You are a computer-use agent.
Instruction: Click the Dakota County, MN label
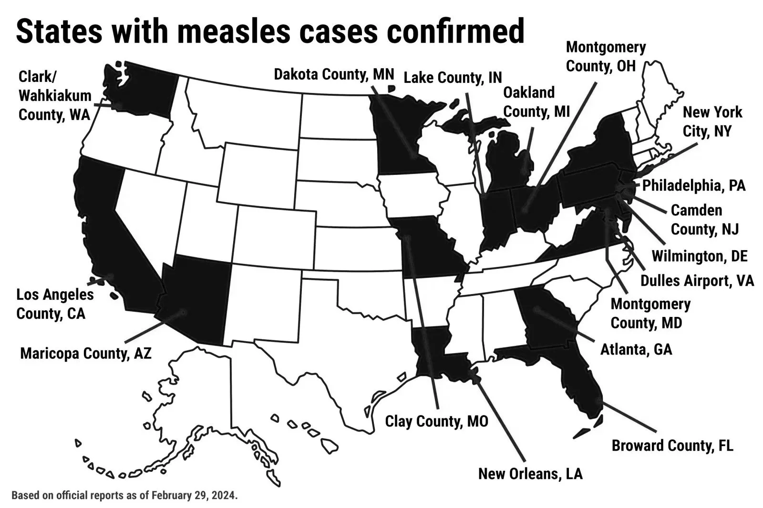click(x=334, y=75)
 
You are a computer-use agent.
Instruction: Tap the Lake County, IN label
click(x=453, y=77)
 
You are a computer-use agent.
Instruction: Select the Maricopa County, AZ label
click(x=86, y=354)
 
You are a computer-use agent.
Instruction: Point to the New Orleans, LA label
click(x=530, y=474)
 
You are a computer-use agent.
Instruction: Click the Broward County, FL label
click(x=672, y=446)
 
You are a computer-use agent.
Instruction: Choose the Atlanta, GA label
click(x=636, y=349)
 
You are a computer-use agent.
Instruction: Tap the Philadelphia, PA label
click(x=694, y=185)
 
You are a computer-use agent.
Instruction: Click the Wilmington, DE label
click(x=700, y=256)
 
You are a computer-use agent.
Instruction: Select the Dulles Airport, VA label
click(x=697, y=280)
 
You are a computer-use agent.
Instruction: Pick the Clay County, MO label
click(x=436, y=421)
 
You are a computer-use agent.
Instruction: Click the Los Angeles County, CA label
click(x=54, y=304)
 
